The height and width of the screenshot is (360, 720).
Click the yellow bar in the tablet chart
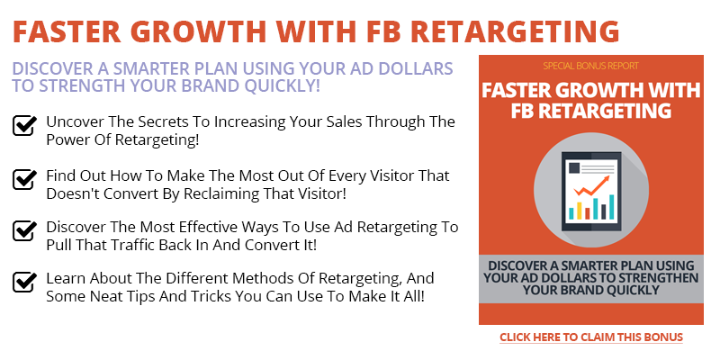580,211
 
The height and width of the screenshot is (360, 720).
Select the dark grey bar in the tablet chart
604,211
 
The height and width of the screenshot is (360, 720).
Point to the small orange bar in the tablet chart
588,213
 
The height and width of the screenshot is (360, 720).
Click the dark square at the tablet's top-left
574,167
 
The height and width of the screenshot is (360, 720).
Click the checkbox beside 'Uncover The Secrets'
24,126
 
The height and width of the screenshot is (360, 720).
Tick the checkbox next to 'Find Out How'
24,179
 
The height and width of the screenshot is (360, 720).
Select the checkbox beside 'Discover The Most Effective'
24,231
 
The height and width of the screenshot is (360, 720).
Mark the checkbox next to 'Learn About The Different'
24,283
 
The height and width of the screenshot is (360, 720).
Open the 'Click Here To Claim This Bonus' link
591,337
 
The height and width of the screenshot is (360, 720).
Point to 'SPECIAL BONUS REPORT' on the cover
590,66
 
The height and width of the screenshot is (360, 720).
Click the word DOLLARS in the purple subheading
412,68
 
